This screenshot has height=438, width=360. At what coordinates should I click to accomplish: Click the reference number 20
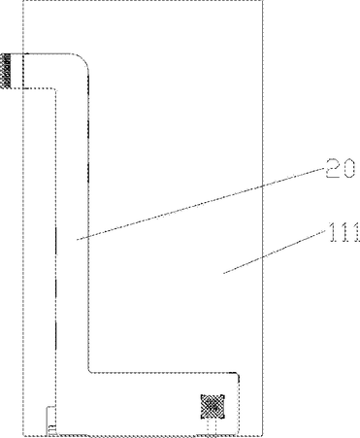[x=340, y=168]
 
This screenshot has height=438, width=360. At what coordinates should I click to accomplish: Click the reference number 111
[x=344, y=232]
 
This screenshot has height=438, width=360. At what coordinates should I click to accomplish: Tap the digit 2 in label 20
[x=332, y=168]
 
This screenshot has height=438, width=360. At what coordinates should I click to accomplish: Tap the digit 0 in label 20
[x=348, y=169]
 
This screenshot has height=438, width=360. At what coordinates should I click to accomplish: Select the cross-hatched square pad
[x=213, y=407]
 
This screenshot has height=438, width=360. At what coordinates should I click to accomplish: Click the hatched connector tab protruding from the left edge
[x=6, y=71]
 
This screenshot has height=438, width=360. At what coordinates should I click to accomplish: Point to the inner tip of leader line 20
[x=77, y=240]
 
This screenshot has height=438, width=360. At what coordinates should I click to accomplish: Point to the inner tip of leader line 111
[x=223, y=273]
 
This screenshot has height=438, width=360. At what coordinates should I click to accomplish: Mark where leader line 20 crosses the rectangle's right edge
[x=262, y=186]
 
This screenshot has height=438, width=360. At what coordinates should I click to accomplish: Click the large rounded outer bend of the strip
[x=83, y=58]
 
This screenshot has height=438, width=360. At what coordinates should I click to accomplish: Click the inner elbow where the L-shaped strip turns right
[x=89, y=371]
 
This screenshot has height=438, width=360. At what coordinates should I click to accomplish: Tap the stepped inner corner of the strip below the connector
[x=55, y=88]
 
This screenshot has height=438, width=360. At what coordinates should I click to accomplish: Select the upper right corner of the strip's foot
[x=238, y=374]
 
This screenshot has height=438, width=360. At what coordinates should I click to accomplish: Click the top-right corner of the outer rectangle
[x=263, y=1]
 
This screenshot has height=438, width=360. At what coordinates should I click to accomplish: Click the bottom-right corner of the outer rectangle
[x=263, y=435]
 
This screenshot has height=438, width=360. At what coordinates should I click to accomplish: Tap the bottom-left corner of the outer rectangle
[x=23, y=435]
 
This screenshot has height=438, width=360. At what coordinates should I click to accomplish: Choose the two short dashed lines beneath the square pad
[x=212, y=427]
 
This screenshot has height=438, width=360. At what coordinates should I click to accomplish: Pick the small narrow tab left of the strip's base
[x=50, y=421]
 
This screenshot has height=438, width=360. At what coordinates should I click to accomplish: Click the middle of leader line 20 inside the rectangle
[x=170, y=213]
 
